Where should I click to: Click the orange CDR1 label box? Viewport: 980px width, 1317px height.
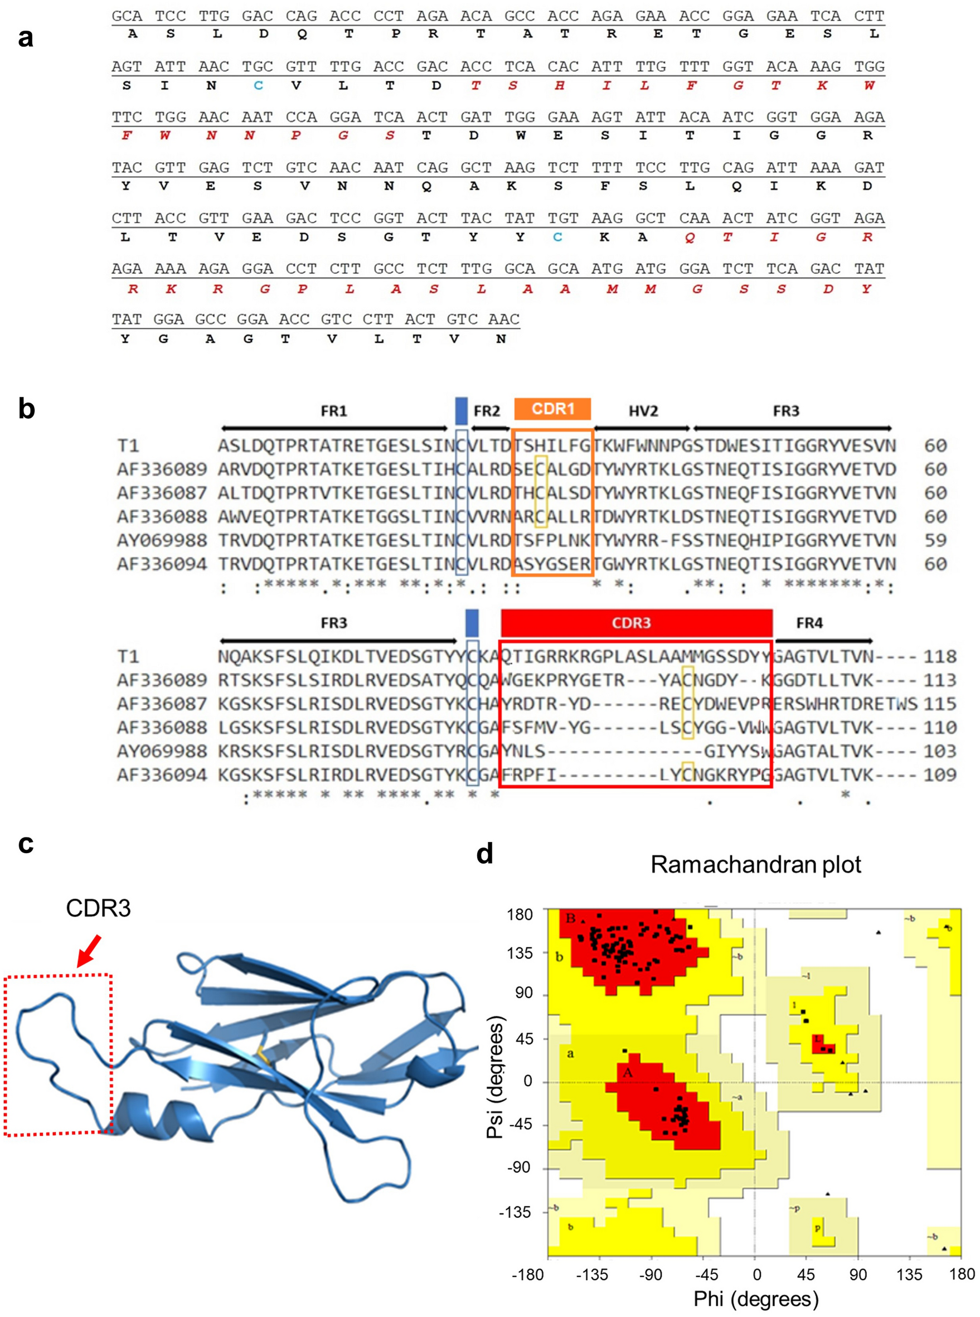pos(552,409)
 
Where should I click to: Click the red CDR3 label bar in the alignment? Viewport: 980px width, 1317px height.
pos(636,623)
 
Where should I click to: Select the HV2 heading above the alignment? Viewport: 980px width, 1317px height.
pos(643,410)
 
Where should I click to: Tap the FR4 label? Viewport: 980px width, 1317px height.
pos(809,623)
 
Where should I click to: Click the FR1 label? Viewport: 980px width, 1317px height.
pos(333,410)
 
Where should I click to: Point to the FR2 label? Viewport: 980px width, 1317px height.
pos(487,410)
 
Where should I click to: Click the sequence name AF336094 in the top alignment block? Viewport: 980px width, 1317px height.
pos(161,564)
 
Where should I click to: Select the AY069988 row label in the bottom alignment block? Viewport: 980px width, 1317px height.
pos(161,751)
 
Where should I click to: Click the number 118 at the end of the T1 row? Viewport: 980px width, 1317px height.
pos(940,657)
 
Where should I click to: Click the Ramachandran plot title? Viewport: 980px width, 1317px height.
pos(755,864)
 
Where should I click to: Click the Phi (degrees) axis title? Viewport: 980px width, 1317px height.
pos(756,1299)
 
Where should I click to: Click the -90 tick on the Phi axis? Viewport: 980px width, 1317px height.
pos(651,1274)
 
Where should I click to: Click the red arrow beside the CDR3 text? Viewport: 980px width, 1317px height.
pos(90,950)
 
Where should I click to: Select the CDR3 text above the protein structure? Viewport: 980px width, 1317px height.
pos(98,908)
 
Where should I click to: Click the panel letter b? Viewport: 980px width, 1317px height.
pos(26,409)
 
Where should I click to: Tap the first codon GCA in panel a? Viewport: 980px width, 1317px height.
pos(127,16)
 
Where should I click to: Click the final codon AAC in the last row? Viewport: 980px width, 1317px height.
pos(503,319)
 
